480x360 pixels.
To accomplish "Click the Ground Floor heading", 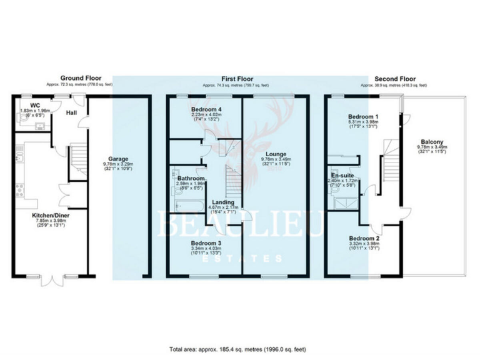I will point(80,78).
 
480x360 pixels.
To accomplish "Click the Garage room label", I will point(118,159).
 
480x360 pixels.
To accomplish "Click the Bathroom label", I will point(189,178).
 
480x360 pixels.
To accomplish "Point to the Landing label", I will point(223,202).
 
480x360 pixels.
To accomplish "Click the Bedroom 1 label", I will point(363,116).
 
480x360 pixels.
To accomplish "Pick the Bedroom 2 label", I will point(363,239).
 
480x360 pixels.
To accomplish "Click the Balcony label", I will point(432,141).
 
